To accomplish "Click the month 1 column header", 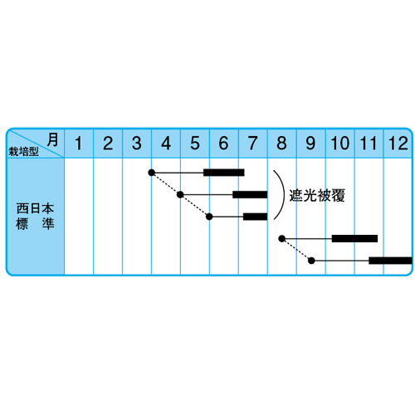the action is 79,144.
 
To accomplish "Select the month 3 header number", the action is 137,144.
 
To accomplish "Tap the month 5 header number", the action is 195,144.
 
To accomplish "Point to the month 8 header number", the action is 281,144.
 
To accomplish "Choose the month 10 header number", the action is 340,144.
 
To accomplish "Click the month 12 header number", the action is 398,144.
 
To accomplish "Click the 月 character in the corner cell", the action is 52,139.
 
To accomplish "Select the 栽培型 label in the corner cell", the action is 23,151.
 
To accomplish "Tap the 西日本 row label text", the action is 35,208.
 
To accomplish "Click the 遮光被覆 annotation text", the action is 317,196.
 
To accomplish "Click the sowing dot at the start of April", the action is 151,173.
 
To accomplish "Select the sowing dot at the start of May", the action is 180,195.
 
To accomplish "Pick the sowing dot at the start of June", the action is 209,217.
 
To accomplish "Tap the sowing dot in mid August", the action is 282,238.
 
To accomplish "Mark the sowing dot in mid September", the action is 311,261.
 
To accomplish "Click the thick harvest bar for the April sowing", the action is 224,173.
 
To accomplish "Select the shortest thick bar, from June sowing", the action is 256,217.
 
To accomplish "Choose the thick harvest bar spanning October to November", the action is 354,238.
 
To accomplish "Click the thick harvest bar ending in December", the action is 390,261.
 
